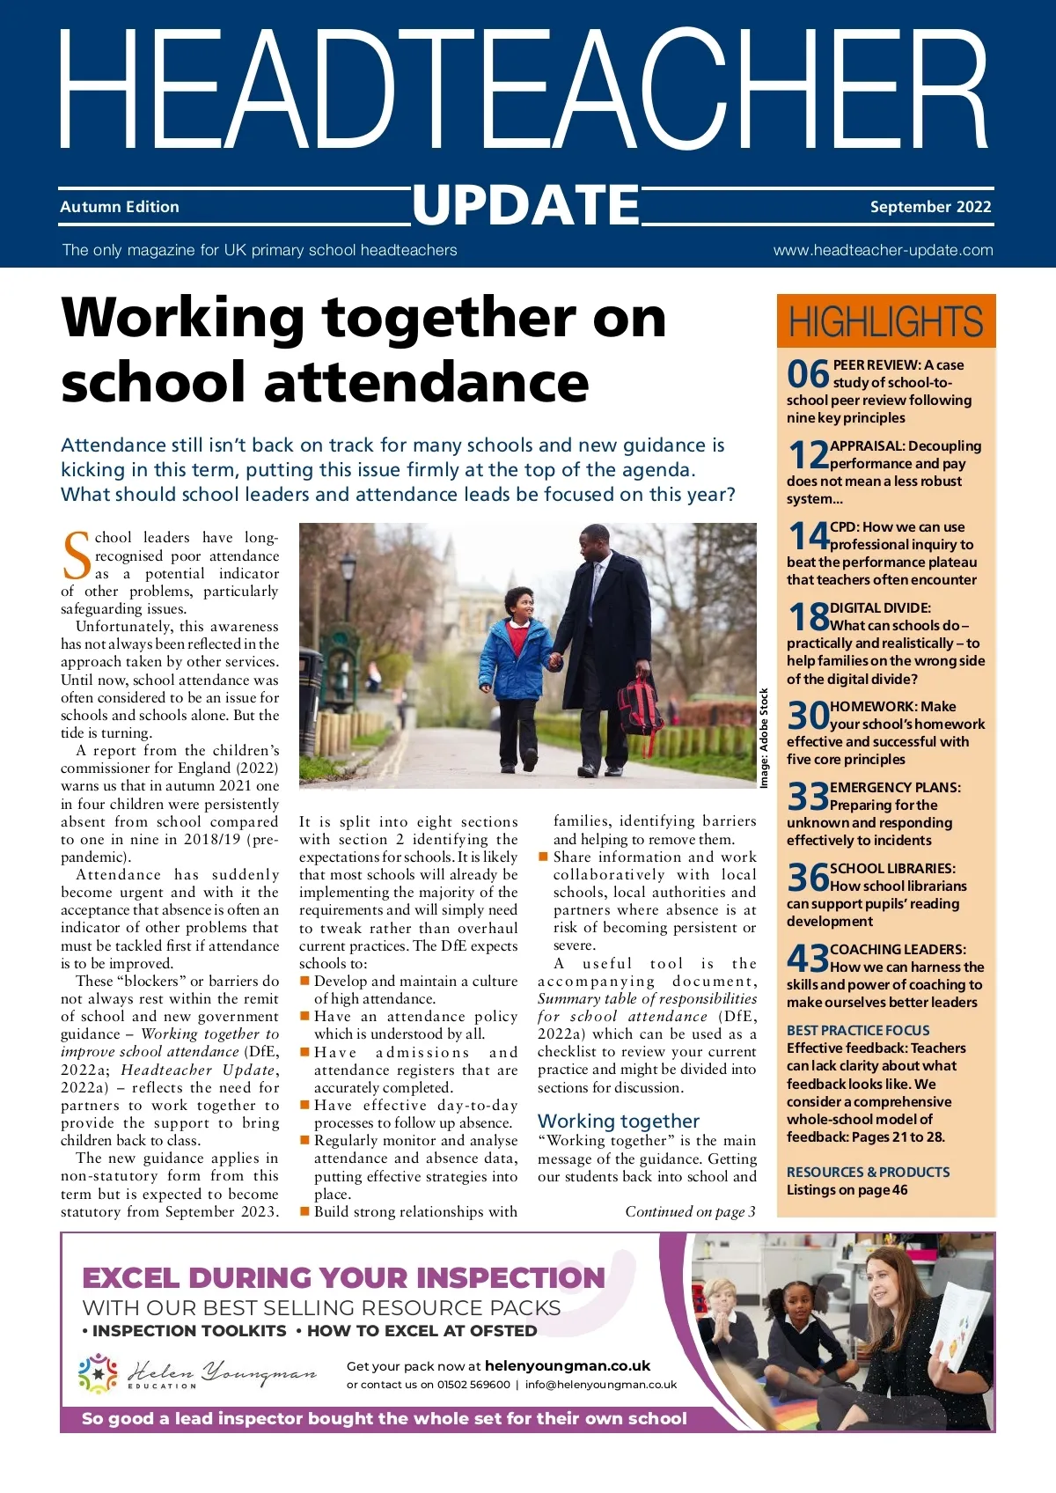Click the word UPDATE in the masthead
tap(526, 205)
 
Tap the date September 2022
tap(930, 207)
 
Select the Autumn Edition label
tap(120, 207)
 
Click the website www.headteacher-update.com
tap(883, 250)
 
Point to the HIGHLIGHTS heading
tap(885, 321)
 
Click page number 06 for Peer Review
tap(808, 374)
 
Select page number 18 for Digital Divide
tap(808, 617)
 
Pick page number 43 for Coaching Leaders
tap(808, 959)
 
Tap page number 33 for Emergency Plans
tap(808, 797)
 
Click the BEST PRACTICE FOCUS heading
tap(858, 1030)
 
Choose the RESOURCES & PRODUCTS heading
tap(868, 1172)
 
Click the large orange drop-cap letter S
tap(77, 556)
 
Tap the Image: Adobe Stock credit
tap(764, 738)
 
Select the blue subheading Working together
tap(619, 1121)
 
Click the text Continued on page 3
tap(690, 1211)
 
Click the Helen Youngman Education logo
tap(197, 1374)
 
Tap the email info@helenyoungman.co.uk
tap(601, 1384)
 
